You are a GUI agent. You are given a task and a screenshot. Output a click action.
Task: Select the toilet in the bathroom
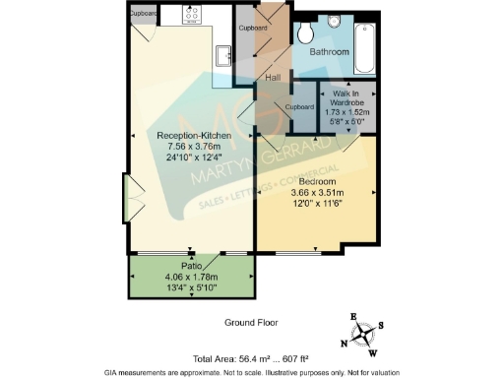coord(335,21)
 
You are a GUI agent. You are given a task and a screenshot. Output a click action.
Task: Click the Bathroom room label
coord(329,51)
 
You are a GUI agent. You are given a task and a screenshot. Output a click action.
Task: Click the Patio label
coord(191,265)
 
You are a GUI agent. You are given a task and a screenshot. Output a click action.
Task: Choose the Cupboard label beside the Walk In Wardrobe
coord(298,106)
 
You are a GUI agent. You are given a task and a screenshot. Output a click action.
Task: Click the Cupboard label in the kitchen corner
coord(144,14)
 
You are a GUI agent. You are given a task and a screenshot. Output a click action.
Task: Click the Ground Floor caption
coord(252,322)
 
